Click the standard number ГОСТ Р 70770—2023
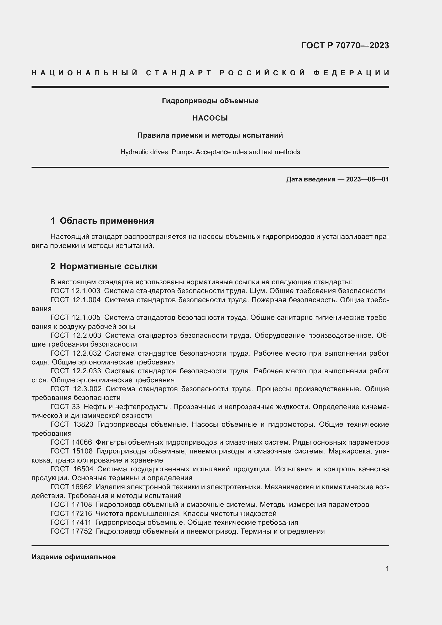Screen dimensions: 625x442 pos(345,45)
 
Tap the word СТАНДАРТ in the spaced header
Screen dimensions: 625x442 pos(179,73)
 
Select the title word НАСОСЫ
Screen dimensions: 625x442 pos(210,118)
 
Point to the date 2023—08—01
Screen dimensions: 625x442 pos(367,179)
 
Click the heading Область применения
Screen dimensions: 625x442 pos(107,220)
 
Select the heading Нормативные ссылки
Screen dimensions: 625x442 pos(108,266)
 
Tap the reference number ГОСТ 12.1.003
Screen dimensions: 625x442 pos(75,291)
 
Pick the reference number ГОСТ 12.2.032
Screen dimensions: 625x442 pos(76,353)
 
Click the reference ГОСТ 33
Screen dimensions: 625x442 pos(65,407)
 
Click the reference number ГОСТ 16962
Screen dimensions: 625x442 pos(71,487)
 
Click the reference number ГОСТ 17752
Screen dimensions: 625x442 pos(71,531)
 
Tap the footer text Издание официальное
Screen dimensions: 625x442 pos(73,557)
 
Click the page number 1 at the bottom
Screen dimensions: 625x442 pos(387,569)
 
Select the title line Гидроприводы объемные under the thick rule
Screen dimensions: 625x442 pos(210,101)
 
